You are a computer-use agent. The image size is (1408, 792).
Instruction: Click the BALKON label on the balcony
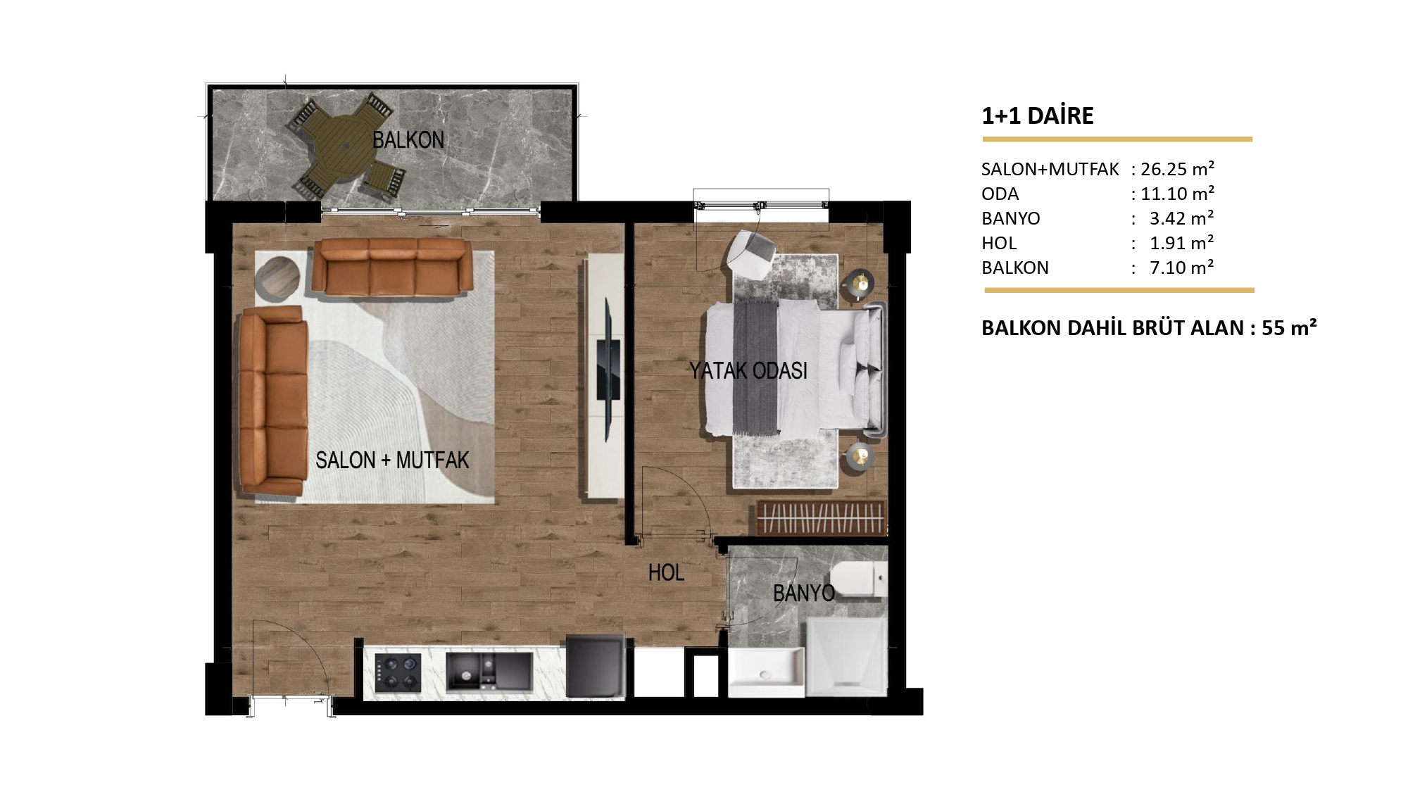coord(408,140)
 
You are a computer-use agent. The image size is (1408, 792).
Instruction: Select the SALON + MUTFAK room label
coord(392,460)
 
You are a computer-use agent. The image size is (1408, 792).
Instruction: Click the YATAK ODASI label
coord(748,371)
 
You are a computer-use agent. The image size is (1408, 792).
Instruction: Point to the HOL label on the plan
coord(666,572)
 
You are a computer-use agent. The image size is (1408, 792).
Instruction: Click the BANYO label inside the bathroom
coord(803,593)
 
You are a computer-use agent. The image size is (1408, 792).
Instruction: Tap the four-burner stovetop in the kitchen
coord(398,672)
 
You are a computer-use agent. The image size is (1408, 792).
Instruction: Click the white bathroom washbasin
coord(766,672)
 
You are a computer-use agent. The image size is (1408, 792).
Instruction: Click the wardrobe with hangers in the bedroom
coord(821,518)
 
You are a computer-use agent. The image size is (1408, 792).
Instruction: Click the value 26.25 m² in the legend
coord(1177,169)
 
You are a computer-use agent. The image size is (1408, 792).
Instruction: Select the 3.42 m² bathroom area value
coord(1182,218)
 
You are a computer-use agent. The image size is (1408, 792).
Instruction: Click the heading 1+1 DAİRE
coord(1038,115)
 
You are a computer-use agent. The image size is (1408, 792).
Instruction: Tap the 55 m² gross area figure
coord(1289,328)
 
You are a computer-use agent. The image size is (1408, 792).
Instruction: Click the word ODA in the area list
coord(1000,194)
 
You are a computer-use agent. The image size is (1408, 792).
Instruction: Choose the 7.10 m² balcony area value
coord(1182,268)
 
